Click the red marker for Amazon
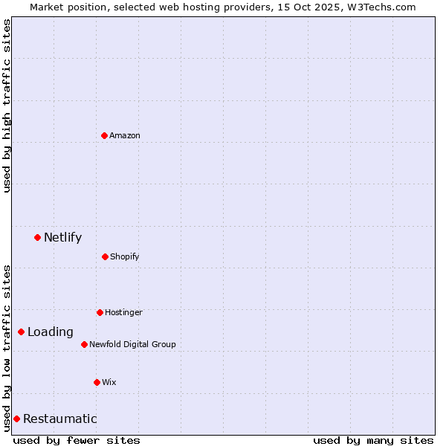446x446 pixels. [104, 135]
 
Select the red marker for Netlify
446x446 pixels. [37, 237]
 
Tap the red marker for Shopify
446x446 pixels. [105, 256]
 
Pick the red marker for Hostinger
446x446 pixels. [100, 312]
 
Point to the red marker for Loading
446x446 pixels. [21, 332]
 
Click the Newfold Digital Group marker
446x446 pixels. [84, 344]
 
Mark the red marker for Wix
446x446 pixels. [97, 382]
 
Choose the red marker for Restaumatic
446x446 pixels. [16, 418]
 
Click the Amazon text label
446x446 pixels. [125, 135]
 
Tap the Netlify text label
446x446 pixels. [62, 238]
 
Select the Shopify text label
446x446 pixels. [125, 256]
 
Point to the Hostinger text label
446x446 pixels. [123, 312]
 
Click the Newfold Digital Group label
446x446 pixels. [132, 344]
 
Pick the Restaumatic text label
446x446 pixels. [59, 419]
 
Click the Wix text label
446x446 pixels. [109, 382]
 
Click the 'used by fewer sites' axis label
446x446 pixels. [77, 440]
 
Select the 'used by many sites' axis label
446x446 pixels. [373, 440]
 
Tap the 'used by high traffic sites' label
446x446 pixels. [7, 106]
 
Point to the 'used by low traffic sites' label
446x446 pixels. [7, 347]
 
